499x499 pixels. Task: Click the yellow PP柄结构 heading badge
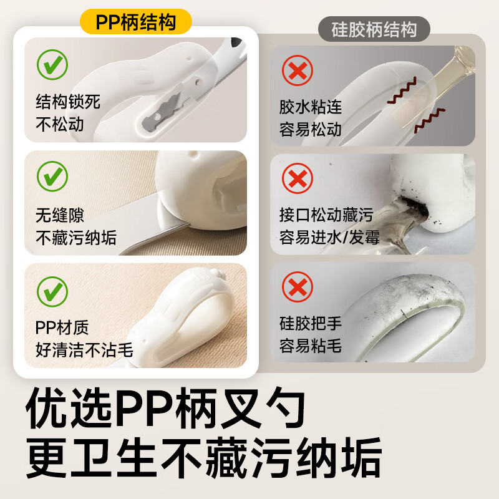pyautogui.click(x=135, y=22)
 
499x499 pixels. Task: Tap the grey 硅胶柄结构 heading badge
pyautogui.click(x=375, y=29)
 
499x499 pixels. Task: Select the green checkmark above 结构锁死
pyautogui.click(x=52, y=65)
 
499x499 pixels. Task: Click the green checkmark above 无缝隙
pyautogui.click(x=52, y=176)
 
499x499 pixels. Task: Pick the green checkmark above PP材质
pyautogui.click(x=52, y=288)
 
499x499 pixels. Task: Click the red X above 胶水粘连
pyautogui.click(x=298, y=70)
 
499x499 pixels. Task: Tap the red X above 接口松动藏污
pyautogui.click(x=298, y=180)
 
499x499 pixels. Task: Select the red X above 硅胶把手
pyautogui.click(x=298, y=288)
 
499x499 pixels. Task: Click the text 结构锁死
pyautogui.click(x=68, y=101)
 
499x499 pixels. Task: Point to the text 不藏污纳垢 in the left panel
pyautogui.click(x=76, y=237)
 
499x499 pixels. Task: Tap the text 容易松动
pyautogui.click(x=311, y=129)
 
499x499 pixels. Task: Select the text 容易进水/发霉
pyautogui.click(x=329, y=237)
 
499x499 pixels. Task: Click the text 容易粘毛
pyautogui.click(x=311, y=346)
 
